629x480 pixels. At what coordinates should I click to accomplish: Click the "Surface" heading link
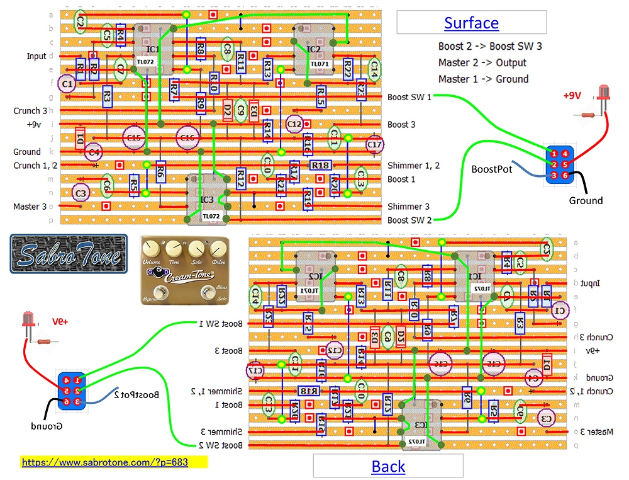click(471, 23)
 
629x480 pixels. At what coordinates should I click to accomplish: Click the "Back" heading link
click(388, 466)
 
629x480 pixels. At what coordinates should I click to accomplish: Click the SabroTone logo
click(69, 254)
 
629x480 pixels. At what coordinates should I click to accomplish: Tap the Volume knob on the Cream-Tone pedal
click(152, 248)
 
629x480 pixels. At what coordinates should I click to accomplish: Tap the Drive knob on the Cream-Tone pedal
click(218, 248)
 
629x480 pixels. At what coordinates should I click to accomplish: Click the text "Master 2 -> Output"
click(482, 62)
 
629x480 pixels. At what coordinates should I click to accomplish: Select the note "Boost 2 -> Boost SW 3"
click(490, 46)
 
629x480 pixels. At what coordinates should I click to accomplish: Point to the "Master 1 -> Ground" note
click(483, 79)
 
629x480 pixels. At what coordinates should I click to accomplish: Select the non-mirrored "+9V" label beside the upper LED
click(572, 95)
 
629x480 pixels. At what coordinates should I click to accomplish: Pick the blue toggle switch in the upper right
click(560, 164)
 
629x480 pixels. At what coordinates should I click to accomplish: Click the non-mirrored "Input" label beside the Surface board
click(36, 56)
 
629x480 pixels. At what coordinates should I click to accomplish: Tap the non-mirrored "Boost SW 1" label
click(409, 96)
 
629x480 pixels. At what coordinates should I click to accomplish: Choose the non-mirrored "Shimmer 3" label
click(409, 207)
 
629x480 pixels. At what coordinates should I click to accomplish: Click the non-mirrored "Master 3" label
click(30, 206)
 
